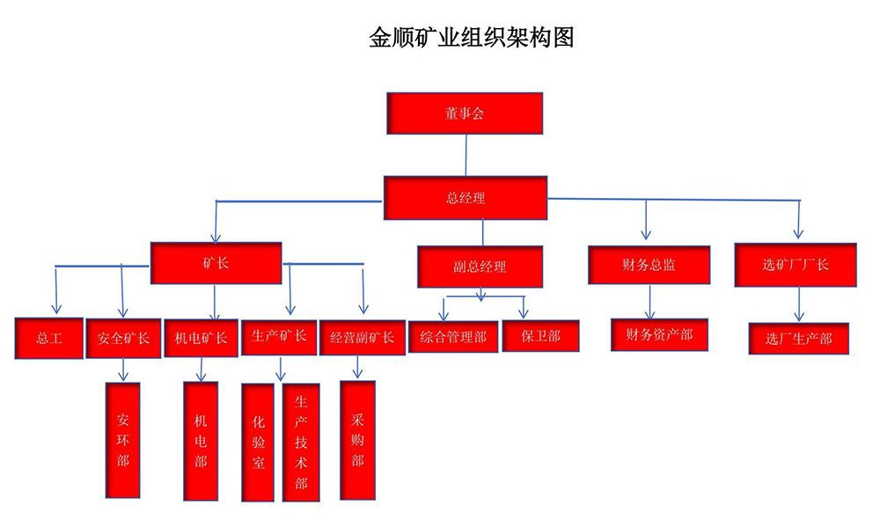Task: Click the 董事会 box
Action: coord(465,113)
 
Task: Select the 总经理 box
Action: coord(466,198)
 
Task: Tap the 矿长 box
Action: coord(216,263)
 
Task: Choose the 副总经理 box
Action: coord(480,267)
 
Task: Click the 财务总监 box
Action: coord(649,265)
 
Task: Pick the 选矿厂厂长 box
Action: coord(796,265)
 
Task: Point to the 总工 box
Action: coord(49,338)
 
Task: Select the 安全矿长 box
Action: coord(123,338)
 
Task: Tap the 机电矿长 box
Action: coord(202,338)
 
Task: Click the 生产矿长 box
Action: coord(279,336)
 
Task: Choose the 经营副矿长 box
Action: coord(362,337)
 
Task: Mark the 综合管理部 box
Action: coord(453,336)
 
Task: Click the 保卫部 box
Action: coord(540,336)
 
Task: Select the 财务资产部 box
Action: coord(659,334)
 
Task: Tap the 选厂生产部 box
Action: coord(798,338)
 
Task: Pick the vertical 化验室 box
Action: coord(257,442)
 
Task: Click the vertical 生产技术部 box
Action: coord(301,442)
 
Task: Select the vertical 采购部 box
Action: coord(357,440)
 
